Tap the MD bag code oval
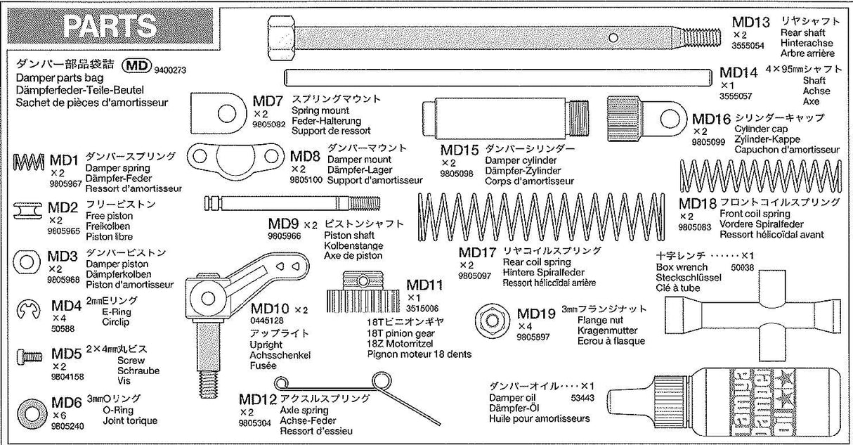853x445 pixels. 137,66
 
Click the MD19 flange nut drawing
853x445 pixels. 490,319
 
